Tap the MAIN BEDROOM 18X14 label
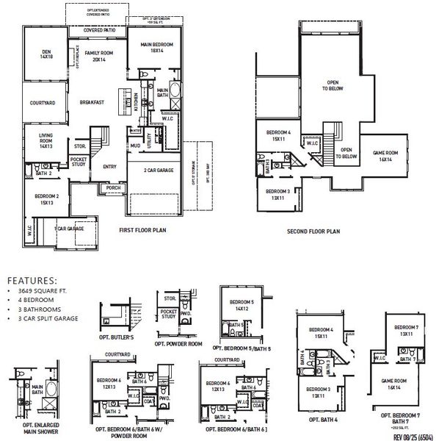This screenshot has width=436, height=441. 156,48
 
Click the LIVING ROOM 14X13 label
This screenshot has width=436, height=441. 41,140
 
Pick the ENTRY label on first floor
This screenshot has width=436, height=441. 109,166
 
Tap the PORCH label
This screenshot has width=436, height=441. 114,187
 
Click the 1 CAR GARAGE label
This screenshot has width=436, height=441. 68,229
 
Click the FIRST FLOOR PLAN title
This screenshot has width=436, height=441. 144,230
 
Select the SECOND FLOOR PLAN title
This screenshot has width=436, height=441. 313,231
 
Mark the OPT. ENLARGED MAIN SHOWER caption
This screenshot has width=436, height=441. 32,429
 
